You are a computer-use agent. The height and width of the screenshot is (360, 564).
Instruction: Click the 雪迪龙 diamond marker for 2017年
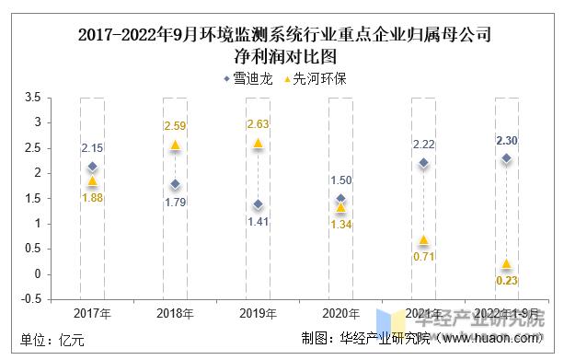pos(92,167)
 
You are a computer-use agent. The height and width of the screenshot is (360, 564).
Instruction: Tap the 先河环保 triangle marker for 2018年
pos(175,145)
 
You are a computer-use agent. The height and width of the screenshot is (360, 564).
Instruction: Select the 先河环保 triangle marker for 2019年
pos(258,144)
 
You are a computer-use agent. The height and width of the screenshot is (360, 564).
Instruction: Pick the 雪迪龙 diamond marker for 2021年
pos(423,163)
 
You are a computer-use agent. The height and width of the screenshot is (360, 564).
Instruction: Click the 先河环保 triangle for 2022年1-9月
pos(506,264)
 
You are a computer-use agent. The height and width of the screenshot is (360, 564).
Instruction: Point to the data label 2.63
pos(258,125)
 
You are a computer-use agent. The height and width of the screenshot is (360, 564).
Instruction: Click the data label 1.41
pos(258,221)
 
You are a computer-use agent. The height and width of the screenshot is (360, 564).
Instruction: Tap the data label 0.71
pos(423,256)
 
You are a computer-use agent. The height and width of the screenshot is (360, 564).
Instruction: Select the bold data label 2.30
pos(506,141)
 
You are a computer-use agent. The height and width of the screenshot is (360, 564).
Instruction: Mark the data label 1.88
pos(92,197)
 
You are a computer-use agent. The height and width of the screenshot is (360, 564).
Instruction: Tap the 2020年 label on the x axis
pos(340,313)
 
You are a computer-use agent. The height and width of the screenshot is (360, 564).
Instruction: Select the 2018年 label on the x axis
pos(175,313)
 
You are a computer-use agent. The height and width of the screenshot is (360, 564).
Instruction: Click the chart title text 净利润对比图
pos(282,57)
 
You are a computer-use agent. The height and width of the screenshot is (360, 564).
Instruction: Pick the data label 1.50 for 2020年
pos(340,180)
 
